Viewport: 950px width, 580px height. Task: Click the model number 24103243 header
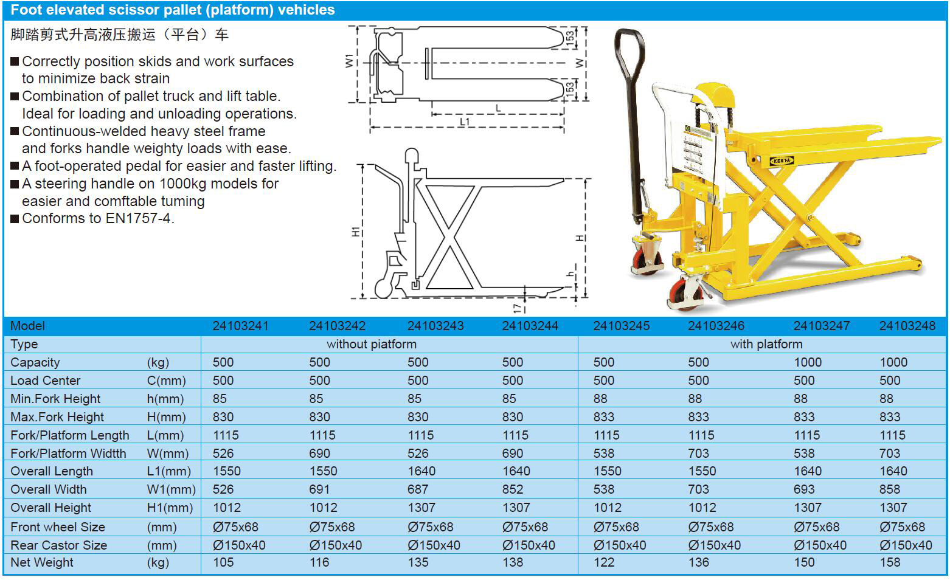tap(435, 326)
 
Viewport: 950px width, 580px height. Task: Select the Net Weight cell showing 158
tap(890, 562)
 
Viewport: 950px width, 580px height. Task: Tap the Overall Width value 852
tap(513, 489)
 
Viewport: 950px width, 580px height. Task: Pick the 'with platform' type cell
tap(766, 344)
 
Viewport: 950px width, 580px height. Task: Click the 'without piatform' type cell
tap(372, 344)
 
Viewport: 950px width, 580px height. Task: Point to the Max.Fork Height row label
tap(57, 417)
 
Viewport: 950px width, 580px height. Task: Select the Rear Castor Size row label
tap(58, 545)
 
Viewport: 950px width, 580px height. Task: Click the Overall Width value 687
tap(418, 489)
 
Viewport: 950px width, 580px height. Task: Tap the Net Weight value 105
tap(223, 562)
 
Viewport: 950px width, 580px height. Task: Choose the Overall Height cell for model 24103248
tap(893, 508)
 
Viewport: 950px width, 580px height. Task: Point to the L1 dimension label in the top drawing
tap(465, 122)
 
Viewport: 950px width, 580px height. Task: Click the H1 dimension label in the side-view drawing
tap(356, 231)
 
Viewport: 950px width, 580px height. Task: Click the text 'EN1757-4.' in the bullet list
tap(140, 219)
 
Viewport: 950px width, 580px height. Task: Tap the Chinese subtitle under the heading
tap(119, 35)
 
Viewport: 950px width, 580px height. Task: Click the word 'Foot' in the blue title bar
tap(27, 10)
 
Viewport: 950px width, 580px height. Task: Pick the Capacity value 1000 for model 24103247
tap(808, 362)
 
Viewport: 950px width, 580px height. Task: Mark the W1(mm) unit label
tap(171, 489)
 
